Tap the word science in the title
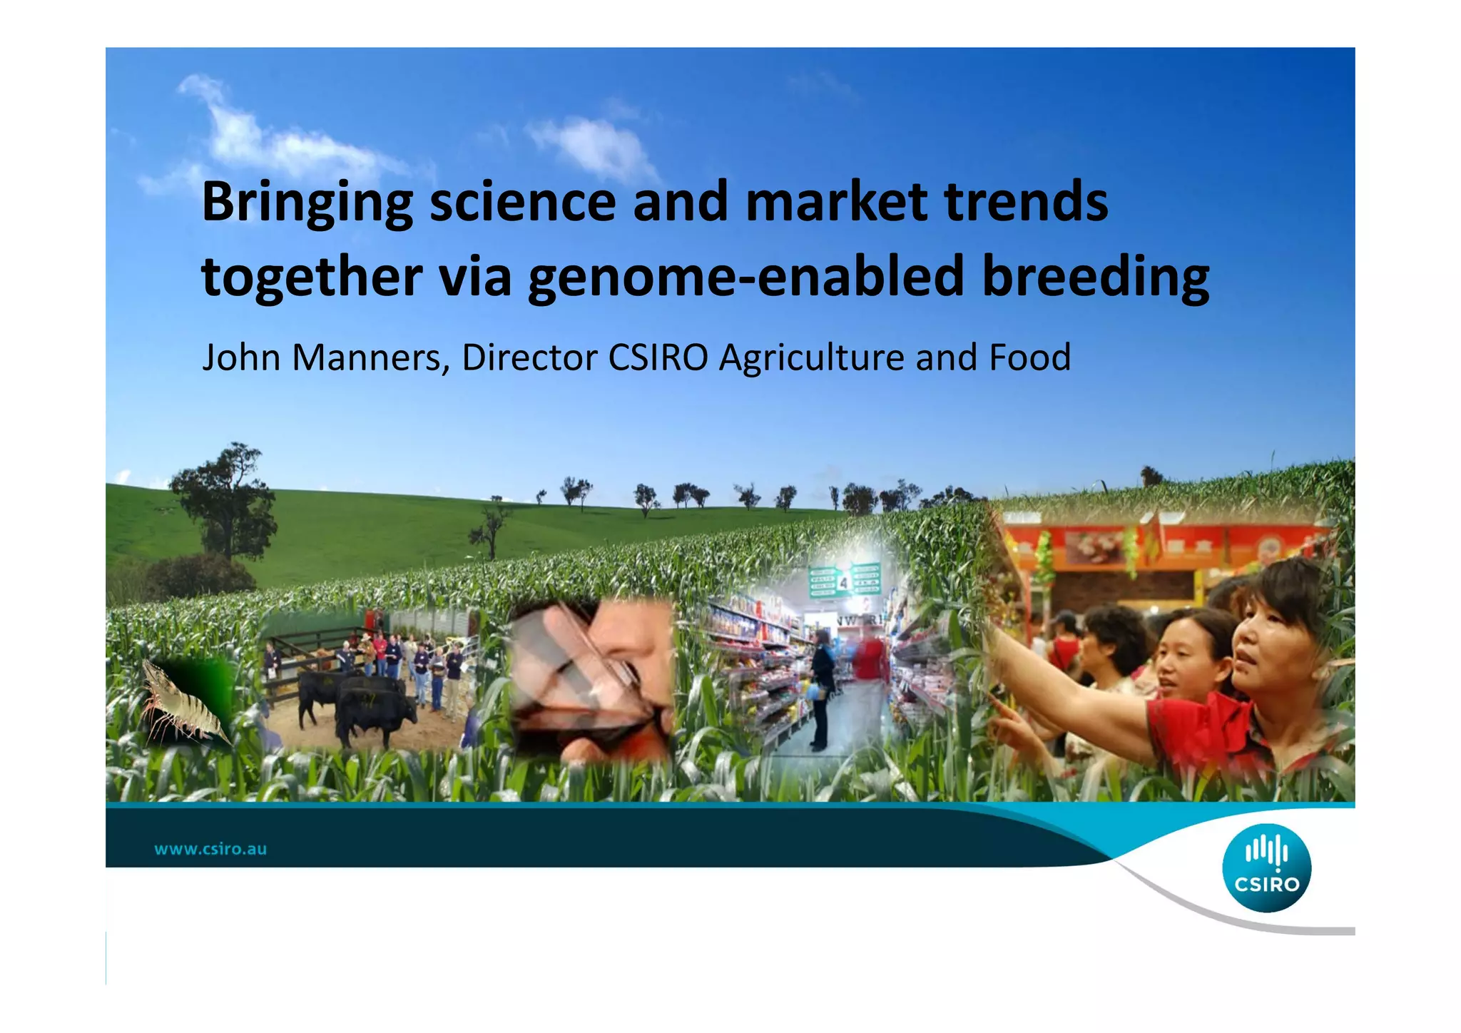(x=522, y=202)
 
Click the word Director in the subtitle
(x=529, y=357)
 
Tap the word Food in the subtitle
(x=1029, y=357)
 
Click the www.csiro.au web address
(x=210, y=849)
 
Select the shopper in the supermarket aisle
(x=822, y=685)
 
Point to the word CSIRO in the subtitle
(x=657, y=357)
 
